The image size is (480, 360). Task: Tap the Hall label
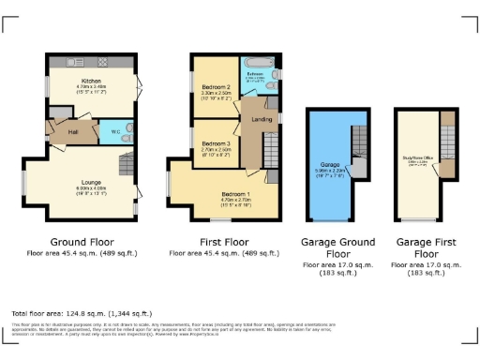(x=72, y=131)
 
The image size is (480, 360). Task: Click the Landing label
(x=262, y=117)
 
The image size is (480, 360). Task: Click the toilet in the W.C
(x=127, y=131)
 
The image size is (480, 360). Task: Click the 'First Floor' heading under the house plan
(x=224, y=241)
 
